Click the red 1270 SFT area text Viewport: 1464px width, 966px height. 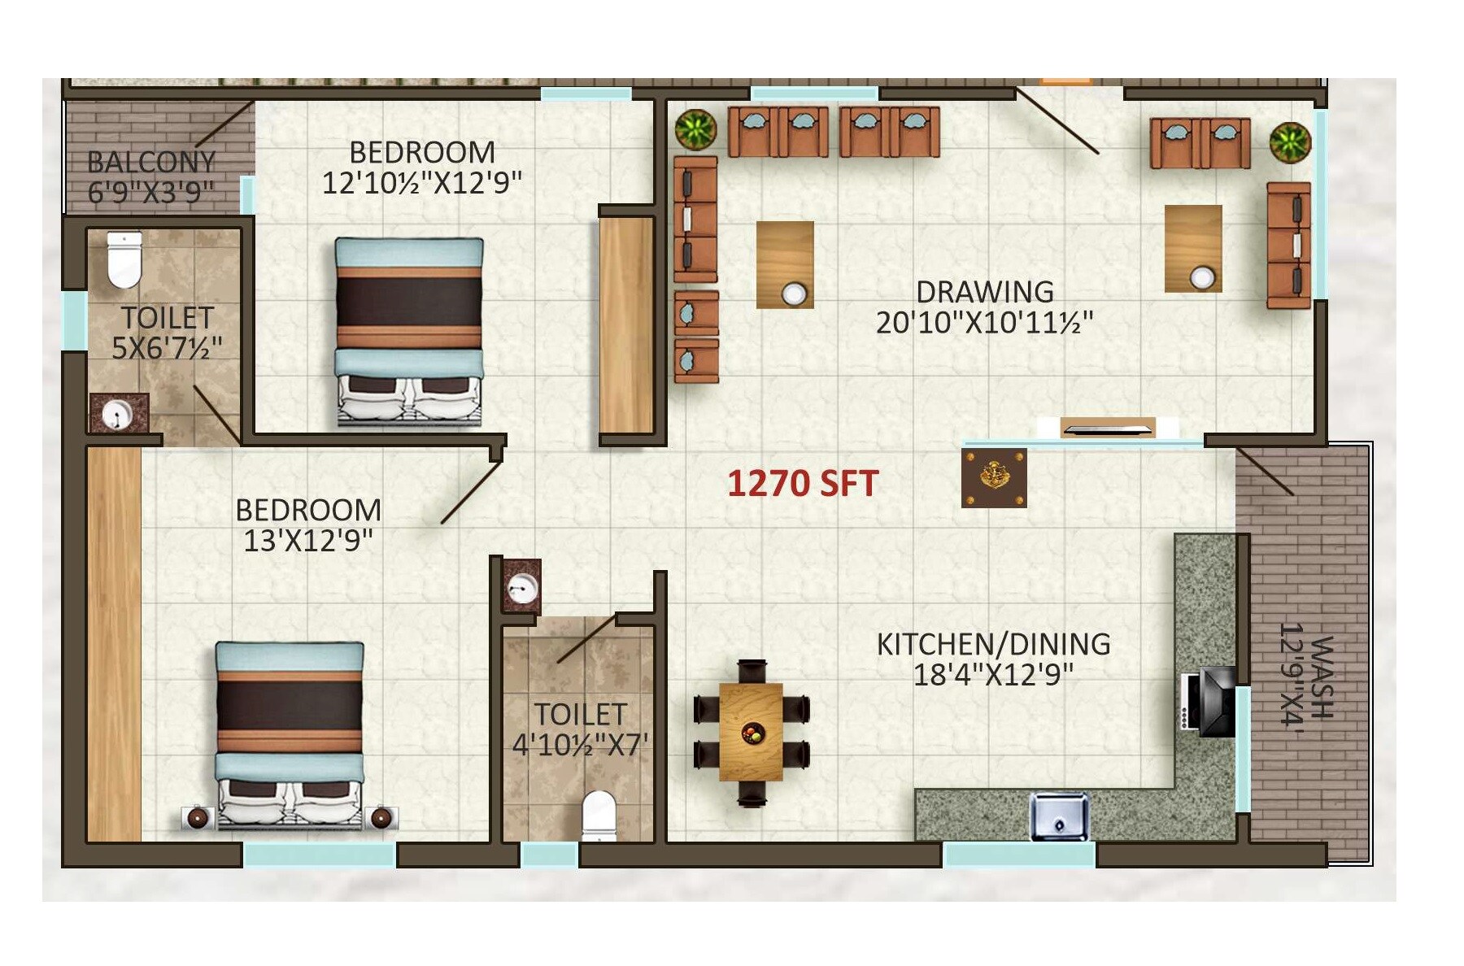point(802,484)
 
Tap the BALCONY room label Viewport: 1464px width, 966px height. point(151,162)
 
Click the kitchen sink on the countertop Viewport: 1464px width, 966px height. point(1058,816)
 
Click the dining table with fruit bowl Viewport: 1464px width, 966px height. point(751,732)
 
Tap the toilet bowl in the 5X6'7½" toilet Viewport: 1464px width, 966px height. point(124,259)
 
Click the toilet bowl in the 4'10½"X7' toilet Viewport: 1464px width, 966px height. point(599,816)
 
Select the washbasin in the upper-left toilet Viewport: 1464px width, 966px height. point(120,414)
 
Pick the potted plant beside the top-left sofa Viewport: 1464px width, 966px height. point(695,129)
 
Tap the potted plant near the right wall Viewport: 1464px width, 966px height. point(1290,142)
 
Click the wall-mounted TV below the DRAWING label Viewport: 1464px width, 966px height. point(1108,428)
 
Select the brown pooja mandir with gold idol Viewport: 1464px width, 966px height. point(993,477)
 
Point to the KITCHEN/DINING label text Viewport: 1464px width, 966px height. point(993,644)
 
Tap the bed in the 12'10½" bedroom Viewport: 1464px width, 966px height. point(409,331)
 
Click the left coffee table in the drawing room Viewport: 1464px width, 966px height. point(785,265)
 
